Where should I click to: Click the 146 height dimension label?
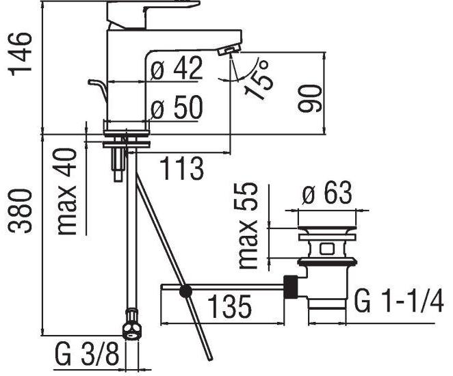[x=20, y=54]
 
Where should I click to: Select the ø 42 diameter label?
[x=177, y=68]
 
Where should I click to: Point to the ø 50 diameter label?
[x=177, y=107]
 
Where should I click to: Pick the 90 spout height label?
[x=309, y=98]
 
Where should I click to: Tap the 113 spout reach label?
[x=182, y=169]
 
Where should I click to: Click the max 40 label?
[x=67, y=191]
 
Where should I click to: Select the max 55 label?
[x=247, y=226]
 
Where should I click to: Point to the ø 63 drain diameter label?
[x=327, y=193]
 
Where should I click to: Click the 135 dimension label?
[x=229, y=306]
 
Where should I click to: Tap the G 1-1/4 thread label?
[x=398, y=301]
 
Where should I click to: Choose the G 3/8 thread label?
[x=86, y=353]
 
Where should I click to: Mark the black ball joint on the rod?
[x=185, y=292]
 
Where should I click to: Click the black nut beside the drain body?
[x=291, y=286]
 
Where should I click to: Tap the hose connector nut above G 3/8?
[x=132, y=324]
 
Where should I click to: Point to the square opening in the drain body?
[x=327, y=249]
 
